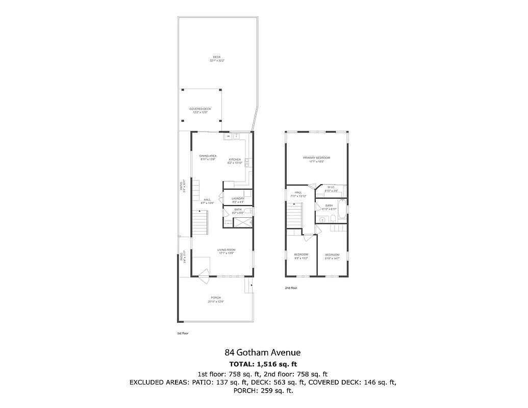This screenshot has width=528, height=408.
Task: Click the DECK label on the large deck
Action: click(217, 57)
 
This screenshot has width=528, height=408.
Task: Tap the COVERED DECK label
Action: click(200, 109)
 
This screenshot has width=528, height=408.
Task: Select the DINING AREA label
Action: click(208, 156)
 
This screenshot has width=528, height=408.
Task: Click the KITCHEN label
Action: click(235, 160)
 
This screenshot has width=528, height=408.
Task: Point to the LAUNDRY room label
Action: click(238, 198)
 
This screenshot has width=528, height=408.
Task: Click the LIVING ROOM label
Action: click(226, 250)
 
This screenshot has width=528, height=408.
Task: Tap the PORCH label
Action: click(216, 298)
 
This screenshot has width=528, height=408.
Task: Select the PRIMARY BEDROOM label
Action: click(316, 158)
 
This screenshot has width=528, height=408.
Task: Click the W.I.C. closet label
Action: click(331, 187)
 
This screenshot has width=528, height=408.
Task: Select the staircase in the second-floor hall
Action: click(293, 214)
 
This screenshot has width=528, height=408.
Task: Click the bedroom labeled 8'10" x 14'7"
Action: click(332, 254)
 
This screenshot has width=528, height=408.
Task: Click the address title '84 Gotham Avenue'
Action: click(263, 352)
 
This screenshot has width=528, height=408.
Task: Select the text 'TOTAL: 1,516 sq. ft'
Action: click(263, 364)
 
